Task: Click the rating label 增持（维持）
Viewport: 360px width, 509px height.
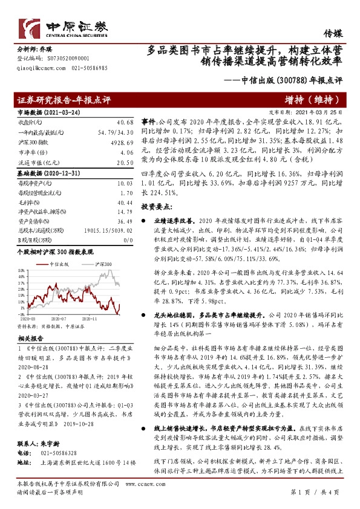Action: pyautogui.click(x=313, y=100)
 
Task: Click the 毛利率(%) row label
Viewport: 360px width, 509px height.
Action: pyautogui.click(x=29, y=202)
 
